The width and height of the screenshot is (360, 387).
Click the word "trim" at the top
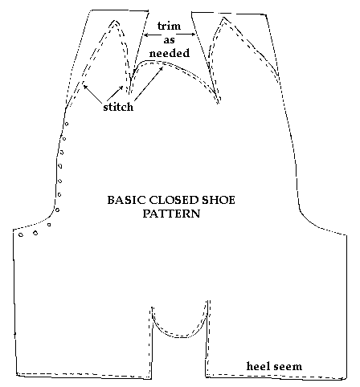(169, 26)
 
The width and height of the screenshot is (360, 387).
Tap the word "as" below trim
(169, 40)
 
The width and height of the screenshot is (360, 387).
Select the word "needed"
(170, 53)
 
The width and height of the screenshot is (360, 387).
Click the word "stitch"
(118, 107)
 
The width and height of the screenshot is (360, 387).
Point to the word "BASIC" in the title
(127, 200)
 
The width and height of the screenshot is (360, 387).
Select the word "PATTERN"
(171, 214)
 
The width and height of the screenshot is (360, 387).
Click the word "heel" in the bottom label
(257, 366)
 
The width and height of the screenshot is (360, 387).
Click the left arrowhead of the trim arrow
(146, 35)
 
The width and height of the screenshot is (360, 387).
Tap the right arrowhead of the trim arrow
(193, 35)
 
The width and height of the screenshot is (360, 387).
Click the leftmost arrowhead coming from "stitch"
(85, 86)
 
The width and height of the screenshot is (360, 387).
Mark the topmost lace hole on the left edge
(67, 124)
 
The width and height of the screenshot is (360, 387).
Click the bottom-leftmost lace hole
(21, 235)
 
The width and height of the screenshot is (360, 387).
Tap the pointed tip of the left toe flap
(115, 20)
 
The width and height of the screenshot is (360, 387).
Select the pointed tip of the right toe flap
(223, 18)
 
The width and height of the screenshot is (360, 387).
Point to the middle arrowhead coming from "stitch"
(122, 88)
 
